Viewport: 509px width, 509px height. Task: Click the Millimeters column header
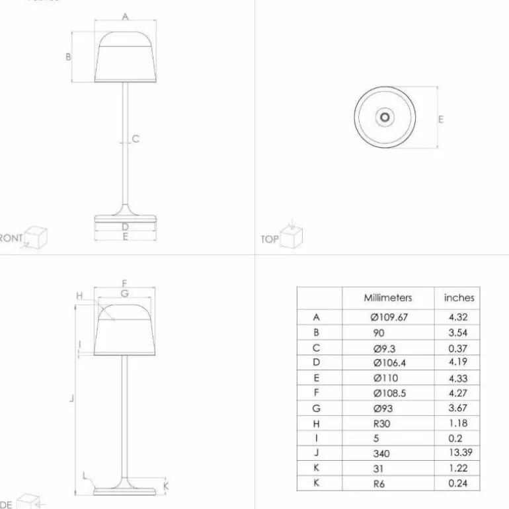[387, 298]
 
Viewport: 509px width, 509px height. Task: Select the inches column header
[459, 298]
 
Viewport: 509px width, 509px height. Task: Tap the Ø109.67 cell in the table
[389, 317]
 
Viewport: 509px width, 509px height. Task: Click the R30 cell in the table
[382, 424]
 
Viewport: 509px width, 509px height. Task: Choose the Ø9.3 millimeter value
[383, 348]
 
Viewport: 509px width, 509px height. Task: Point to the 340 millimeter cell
[381, 453]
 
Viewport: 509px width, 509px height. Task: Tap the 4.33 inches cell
[458, 378]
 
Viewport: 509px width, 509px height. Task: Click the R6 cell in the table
[380, 483]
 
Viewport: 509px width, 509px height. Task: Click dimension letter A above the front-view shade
[125, 17]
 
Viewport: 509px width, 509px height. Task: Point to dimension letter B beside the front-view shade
[68, 58]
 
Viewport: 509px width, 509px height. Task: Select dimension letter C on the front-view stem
[136, 139]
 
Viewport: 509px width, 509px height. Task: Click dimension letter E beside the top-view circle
[440, 119]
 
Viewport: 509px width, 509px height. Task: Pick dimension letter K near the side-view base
[166, 486]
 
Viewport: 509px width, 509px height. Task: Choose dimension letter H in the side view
[80, 296]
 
